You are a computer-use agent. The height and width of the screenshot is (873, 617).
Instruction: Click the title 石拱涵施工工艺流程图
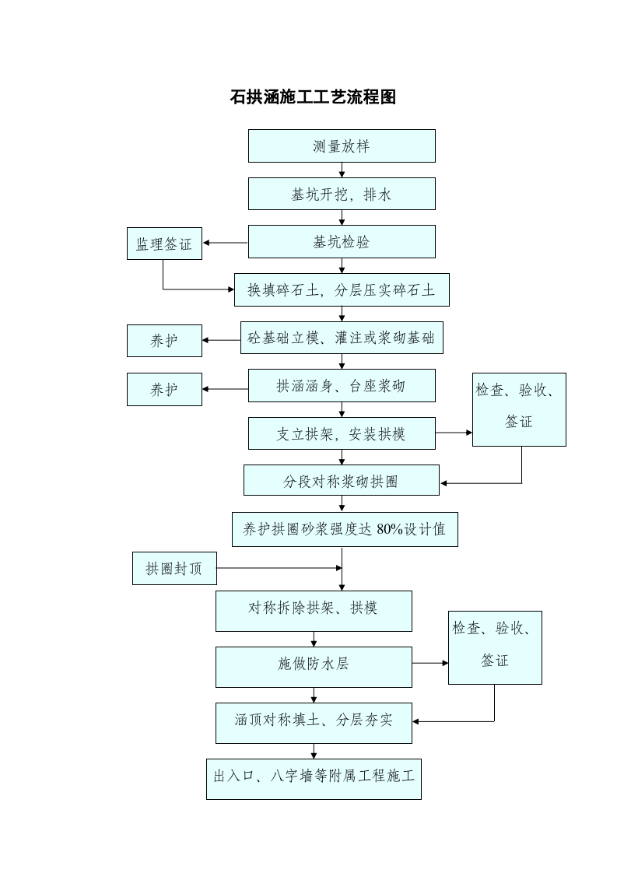[x=313, y=97]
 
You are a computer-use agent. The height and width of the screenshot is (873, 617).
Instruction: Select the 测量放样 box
[x=341, y=146]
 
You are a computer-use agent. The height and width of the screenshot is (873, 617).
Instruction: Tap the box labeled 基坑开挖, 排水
[x=341, y=194]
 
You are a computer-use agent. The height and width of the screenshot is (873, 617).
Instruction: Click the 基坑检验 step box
[x=341, y=242]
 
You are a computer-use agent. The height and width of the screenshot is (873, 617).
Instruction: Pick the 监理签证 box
[x=164, y=244]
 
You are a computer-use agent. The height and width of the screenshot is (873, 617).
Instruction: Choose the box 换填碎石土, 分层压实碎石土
[x=342, y=290]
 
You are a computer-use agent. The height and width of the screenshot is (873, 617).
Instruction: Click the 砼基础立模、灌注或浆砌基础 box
[x=342, y=338]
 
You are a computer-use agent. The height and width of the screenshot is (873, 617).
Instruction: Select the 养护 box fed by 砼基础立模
[x=164, y=341]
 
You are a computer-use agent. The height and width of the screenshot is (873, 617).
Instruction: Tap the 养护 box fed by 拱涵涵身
[x=164, y=389]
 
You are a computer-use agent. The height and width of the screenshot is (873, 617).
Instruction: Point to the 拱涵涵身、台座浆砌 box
[x=341, y=386]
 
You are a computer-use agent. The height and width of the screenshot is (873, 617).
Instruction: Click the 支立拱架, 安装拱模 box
[x=342, y=433]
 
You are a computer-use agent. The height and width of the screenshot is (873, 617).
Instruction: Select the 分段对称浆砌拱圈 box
[x=341, y=481]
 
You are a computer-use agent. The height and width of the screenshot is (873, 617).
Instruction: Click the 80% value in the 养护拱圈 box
[x=390, y=530]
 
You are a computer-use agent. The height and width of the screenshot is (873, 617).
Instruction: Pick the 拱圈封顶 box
[x=174, y=569]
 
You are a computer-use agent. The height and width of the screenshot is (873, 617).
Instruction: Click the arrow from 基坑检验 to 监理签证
[x=225, y=243]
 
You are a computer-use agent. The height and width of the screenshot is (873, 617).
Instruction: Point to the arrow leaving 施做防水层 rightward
[x=430, y=663]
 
